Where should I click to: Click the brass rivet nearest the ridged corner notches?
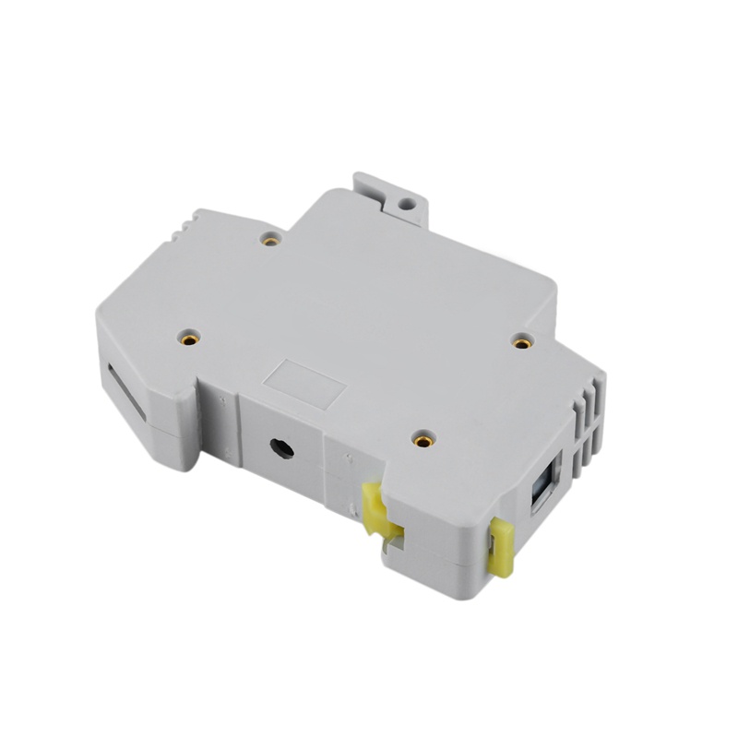coord(270,240)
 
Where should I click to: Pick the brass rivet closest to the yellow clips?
coord(423,440)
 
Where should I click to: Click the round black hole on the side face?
coord(281,449)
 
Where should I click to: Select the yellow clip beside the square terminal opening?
coord(501,546)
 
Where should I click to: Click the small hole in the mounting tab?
coord(405,197)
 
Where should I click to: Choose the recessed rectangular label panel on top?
coord(304,383)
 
